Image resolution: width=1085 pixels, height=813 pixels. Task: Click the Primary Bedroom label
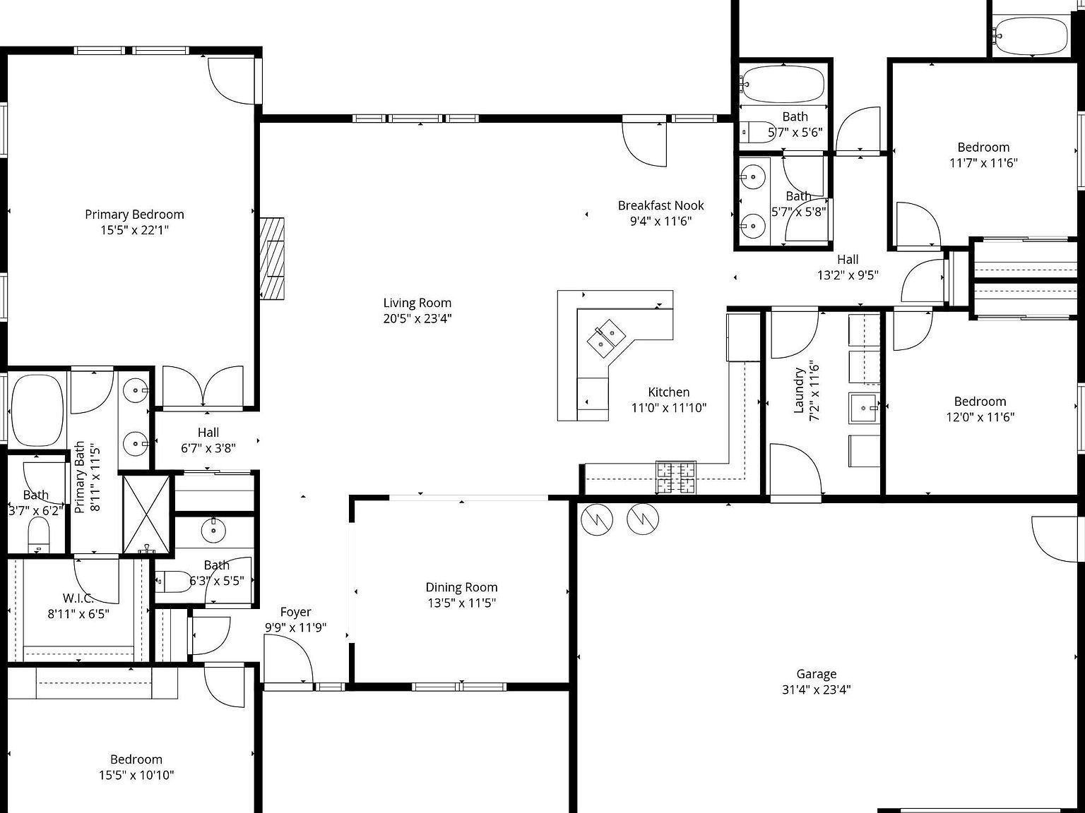[134, 215]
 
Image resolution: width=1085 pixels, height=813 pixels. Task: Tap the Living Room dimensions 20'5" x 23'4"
[417, 318]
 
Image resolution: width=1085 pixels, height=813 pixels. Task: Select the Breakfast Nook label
[660, 205]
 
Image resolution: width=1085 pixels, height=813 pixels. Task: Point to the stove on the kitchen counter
[676, 477]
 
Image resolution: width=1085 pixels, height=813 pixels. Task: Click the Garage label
[816, 674]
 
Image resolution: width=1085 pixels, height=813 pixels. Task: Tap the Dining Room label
[461, 587]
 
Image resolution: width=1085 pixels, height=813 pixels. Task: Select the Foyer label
[295, 612]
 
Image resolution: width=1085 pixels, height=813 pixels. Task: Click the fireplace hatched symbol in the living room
[272, 258]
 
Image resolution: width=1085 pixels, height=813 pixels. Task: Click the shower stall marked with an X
[147, 514]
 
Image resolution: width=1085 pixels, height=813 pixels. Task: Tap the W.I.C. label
[78, 598]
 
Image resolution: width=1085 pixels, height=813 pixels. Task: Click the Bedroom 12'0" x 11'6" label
[980, 402]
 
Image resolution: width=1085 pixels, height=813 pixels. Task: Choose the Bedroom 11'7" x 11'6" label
[983, 147]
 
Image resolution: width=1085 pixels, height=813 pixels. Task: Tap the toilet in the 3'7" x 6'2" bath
[38, 536]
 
